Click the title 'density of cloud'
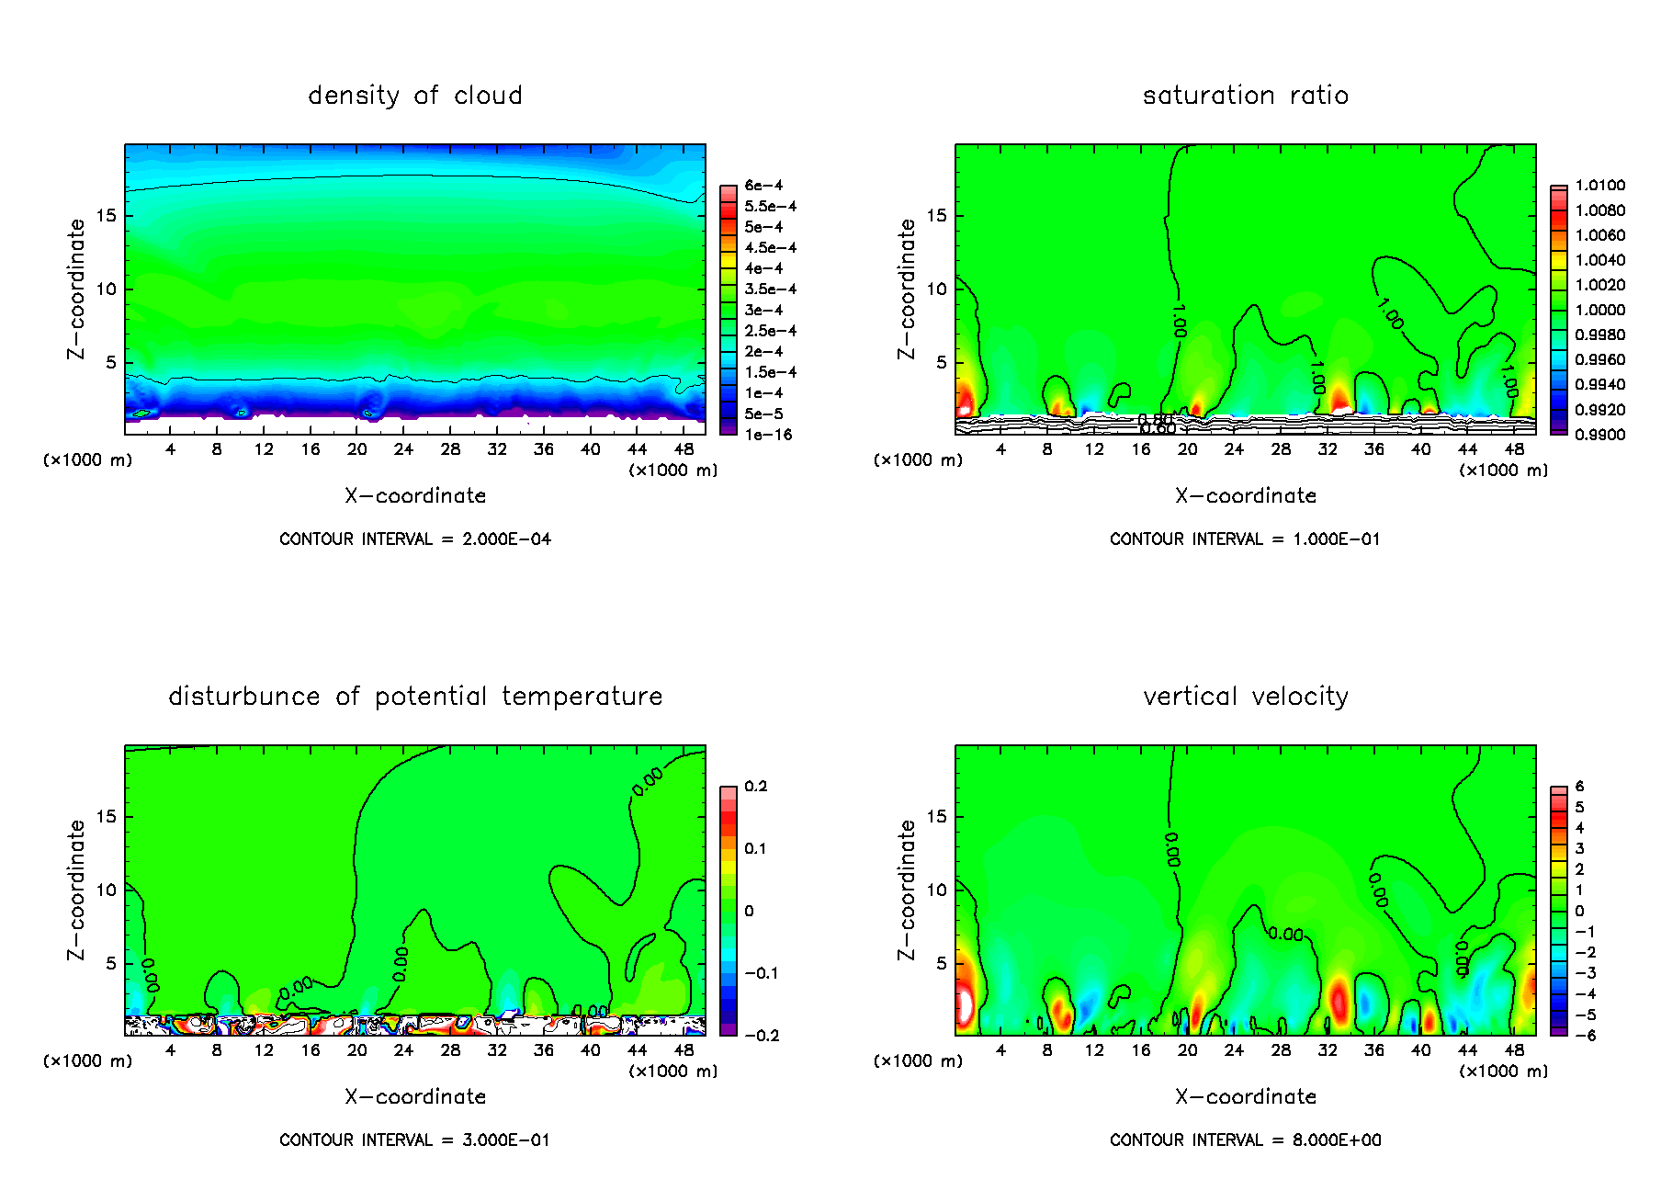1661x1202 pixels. click(x=414, y=96)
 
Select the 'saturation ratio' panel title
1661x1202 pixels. click(x=1245, y=96)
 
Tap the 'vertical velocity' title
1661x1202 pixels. click(x=1245, y=697)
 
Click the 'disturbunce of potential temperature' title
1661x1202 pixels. click(x=414, y=697)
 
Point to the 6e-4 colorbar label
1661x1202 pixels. click(x=763, y=186)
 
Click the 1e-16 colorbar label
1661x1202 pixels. click(x=768, y=435)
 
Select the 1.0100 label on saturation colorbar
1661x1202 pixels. click(x=1599, y=186)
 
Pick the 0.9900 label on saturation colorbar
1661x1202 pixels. click(x=1599, y=435)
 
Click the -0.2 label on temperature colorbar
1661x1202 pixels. click(x=762, y=1036)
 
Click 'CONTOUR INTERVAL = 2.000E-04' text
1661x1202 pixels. click(x=414, y=539)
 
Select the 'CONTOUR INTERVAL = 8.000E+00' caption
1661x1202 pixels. click(x=1245, y=1140)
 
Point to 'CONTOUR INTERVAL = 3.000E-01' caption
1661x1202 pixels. click(x=414, y=1140)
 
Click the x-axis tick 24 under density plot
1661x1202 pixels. click(x=403, y=449)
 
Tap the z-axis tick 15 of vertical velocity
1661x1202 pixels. click(x=936, y=817)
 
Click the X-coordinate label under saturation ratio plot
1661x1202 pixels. click(x=1245, y=496)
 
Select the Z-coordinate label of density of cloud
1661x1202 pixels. click(x=76, y=289)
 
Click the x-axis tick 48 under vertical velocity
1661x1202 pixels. click(x=1514, y=1050)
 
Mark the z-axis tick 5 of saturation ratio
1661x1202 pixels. click(x=941, y=362)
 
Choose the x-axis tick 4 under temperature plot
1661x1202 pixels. click(x=170, y=1050)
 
